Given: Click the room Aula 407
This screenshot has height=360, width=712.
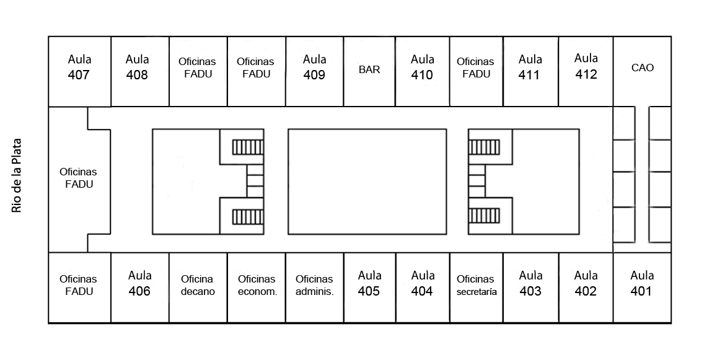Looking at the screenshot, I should click(79, 71).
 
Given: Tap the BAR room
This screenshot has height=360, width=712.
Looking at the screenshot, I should click(369, 71).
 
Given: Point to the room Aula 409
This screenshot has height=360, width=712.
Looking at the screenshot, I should click(315, 71).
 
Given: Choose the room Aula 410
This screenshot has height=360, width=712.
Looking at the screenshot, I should click(423, 71).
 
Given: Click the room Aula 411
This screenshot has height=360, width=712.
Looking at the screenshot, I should click(530, 71).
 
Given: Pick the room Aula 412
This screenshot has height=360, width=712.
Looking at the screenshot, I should click(586, 71).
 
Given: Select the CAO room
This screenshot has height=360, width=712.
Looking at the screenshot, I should click(642, 71).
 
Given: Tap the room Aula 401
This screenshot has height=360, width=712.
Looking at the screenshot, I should click(642, 287).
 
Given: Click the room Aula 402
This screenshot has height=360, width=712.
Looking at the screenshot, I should click(586, 287).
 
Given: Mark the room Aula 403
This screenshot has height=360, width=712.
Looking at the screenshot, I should click(530, 287).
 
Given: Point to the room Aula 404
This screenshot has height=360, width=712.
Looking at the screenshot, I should click(423, 287).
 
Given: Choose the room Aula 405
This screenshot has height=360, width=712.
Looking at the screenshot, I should click(369, 287).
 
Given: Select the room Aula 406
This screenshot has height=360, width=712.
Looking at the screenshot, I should click(139, 287).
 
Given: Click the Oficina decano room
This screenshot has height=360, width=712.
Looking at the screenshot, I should click(198, 287).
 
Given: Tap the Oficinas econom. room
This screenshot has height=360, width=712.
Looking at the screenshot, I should click(257, 287).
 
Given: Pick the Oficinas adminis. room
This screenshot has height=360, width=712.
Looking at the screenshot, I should click(315, 287).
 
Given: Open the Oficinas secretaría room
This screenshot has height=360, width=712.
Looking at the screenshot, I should click(476, 287).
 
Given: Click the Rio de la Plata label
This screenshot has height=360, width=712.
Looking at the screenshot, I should click(17, 175).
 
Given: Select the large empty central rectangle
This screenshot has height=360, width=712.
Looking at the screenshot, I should click(367, 182).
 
